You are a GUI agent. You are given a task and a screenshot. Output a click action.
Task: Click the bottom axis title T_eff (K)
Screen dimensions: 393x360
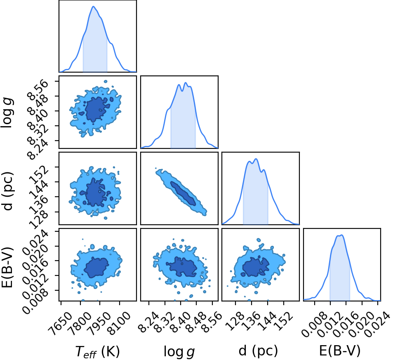(97, 351)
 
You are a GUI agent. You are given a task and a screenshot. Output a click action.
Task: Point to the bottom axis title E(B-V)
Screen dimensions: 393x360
(340, 351)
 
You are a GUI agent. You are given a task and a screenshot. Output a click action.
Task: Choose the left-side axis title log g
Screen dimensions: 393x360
(7, 113)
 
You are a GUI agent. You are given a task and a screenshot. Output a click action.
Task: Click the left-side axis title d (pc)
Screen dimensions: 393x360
(7, 191)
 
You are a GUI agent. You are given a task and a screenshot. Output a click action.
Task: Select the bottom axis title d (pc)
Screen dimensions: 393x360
(258, 351)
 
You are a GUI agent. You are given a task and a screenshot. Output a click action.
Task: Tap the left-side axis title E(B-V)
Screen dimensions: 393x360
(7, 267)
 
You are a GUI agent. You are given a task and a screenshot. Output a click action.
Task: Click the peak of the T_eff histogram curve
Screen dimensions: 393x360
(94, 6)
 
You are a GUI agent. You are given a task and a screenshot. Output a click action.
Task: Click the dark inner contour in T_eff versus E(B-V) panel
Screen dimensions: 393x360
(96, 268)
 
